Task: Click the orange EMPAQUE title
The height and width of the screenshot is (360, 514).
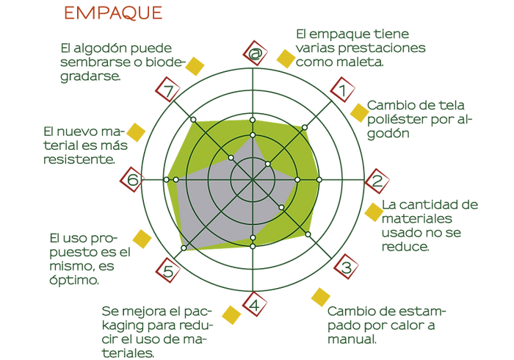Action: pos(112,13)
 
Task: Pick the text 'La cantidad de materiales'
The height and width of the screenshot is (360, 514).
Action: pos(430,225)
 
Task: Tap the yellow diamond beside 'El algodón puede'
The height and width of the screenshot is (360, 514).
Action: pos(195,66)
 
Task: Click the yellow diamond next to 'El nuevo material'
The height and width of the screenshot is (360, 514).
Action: pos(136,132)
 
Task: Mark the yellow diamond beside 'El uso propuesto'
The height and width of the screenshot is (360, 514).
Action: pos(142,240)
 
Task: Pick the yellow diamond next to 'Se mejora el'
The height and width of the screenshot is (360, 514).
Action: pos(231,314)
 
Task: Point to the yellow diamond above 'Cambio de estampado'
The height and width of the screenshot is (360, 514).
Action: pos(321,297)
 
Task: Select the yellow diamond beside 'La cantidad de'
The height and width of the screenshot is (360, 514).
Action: pos(374,212)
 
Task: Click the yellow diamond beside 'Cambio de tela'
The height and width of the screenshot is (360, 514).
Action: pos(359,112)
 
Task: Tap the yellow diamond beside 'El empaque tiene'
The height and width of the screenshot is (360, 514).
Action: pos(285,58)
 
